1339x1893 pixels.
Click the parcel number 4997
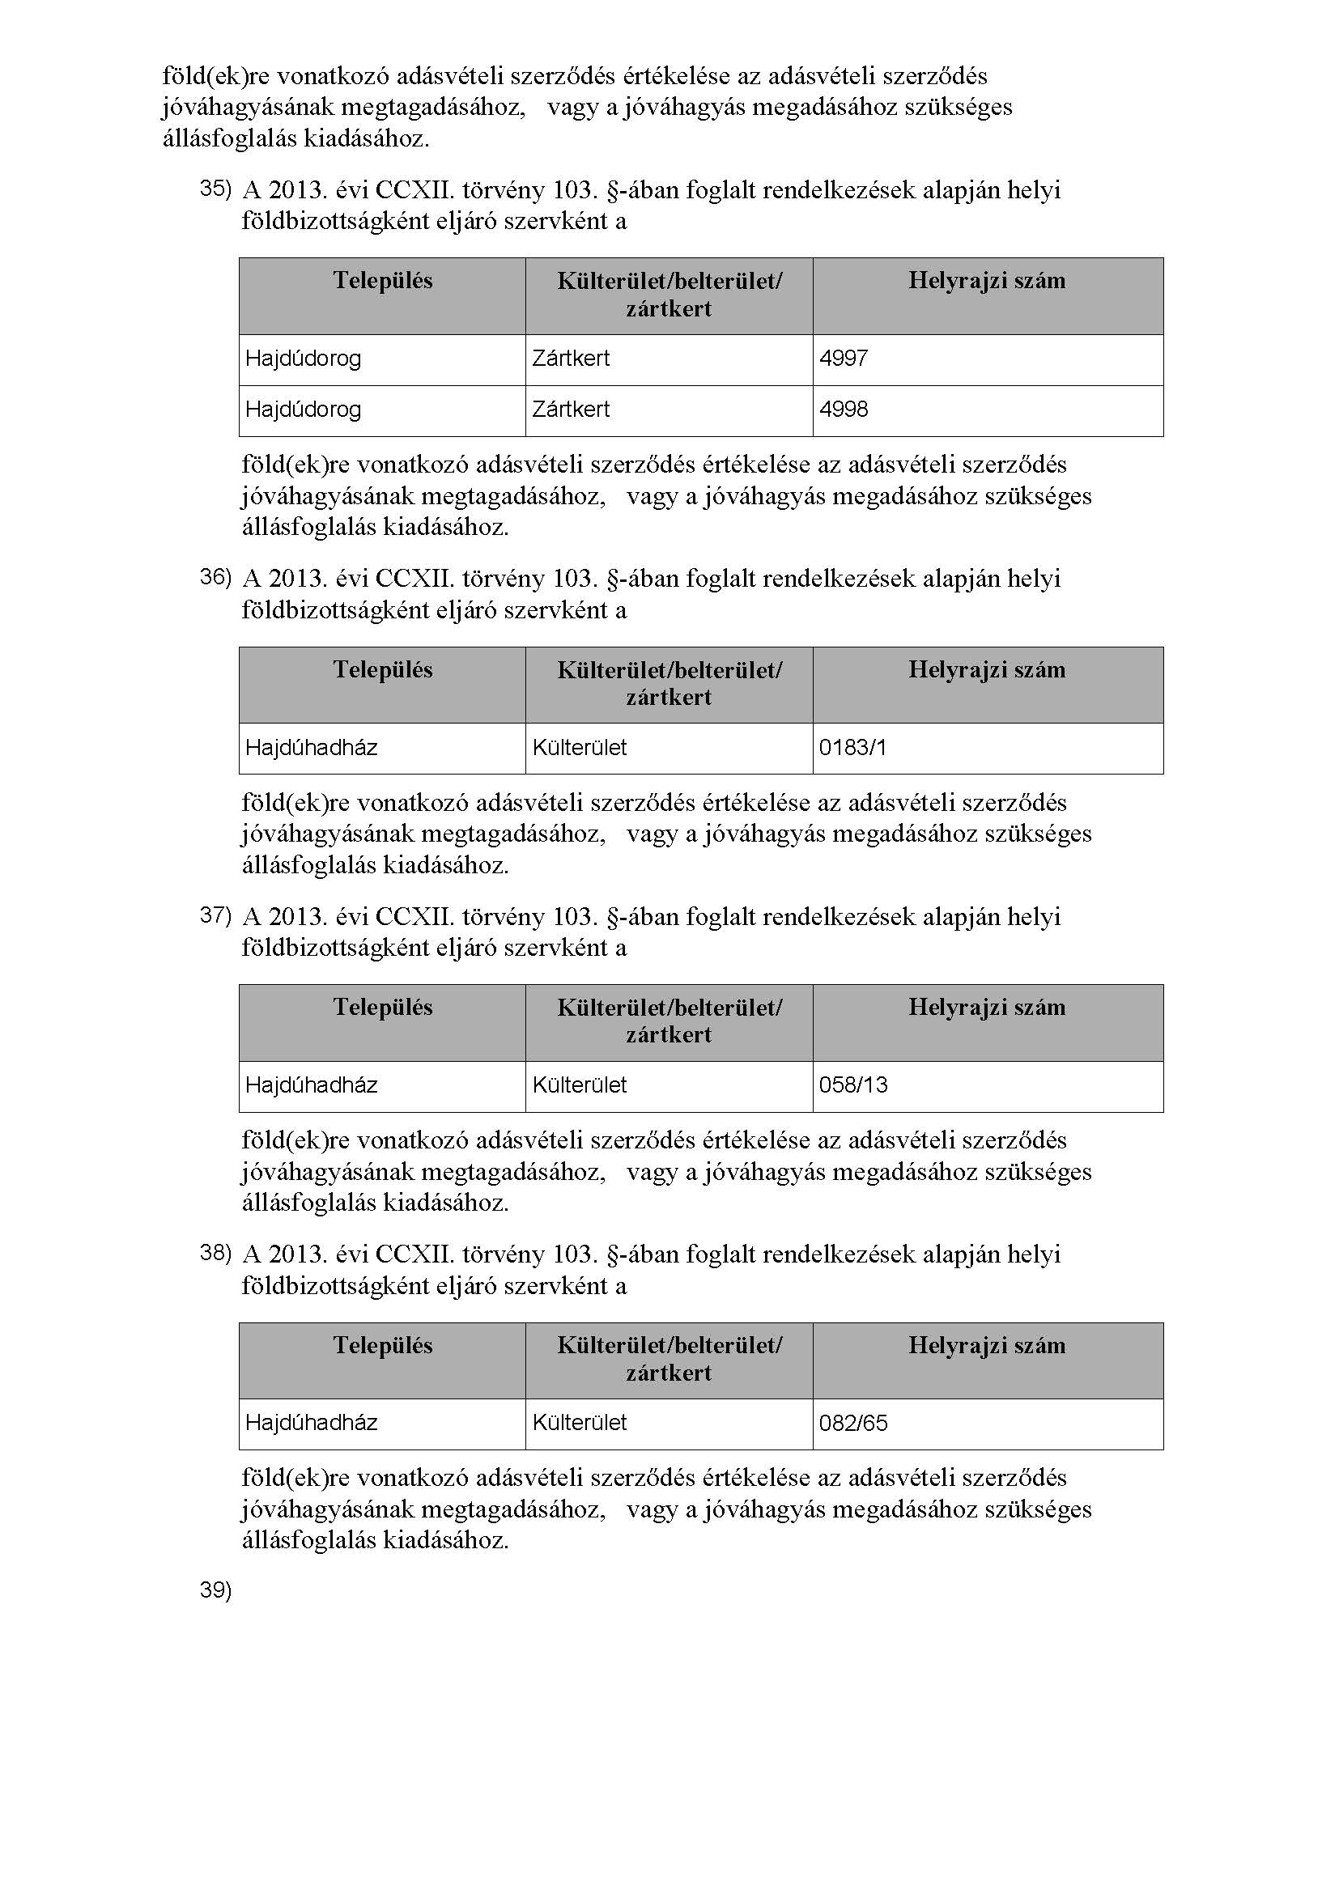(x=844, y=359)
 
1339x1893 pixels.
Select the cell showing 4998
(x=844, y=410)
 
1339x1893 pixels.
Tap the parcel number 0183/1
(x=852, y=748)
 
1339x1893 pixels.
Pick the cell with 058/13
(x=853, y=1085)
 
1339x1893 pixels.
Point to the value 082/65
(x=853, y=1423)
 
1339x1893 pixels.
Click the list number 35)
(x=216, y=189)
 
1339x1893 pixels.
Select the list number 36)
(x=216, y=577)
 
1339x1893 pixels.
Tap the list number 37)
(x=216, y=915)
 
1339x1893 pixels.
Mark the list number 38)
(x=216, y=1253)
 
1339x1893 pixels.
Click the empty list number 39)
(x=216, y=1590)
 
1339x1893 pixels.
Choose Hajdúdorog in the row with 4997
(x=304, y=359)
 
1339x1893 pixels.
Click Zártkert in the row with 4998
(x=571, y=410)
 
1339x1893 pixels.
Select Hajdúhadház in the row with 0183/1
(x=312, y=748)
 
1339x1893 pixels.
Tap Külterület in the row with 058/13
(x=580, y=1085)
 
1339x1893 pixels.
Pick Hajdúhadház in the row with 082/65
(x=312, y=1423)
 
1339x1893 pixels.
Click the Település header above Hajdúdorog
(x=383, y=281)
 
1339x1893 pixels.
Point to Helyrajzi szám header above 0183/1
(x=987, y=669)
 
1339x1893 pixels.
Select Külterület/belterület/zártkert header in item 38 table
(x=669, y=1359)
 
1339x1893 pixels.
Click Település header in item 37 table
(x=383, y=1008)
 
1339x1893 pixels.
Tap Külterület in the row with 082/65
(x=580, y=1423)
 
